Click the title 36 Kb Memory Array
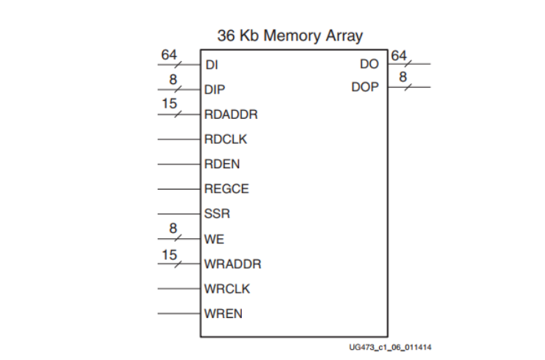coord(290,35)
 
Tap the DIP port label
coord(215,89)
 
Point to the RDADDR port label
coord(231,114)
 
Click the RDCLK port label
coord(226,139)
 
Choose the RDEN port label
coord(222,165)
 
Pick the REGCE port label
coord(226,189)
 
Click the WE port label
coord(214,239)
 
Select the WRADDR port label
coord(232,264)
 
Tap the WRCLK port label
coord(227,288)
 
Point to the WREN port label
coord(223,314)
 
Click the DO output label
coord(369,64)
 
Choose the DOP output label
coord(365,87)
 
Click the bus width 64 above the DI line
coord(169,54)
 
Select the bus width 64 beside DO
coord(399,55)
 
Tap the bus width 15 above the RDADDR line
coord(170,104)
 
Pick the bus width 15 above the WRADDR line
coord(170,254)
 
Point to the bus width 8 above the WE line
coord(173,229)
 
